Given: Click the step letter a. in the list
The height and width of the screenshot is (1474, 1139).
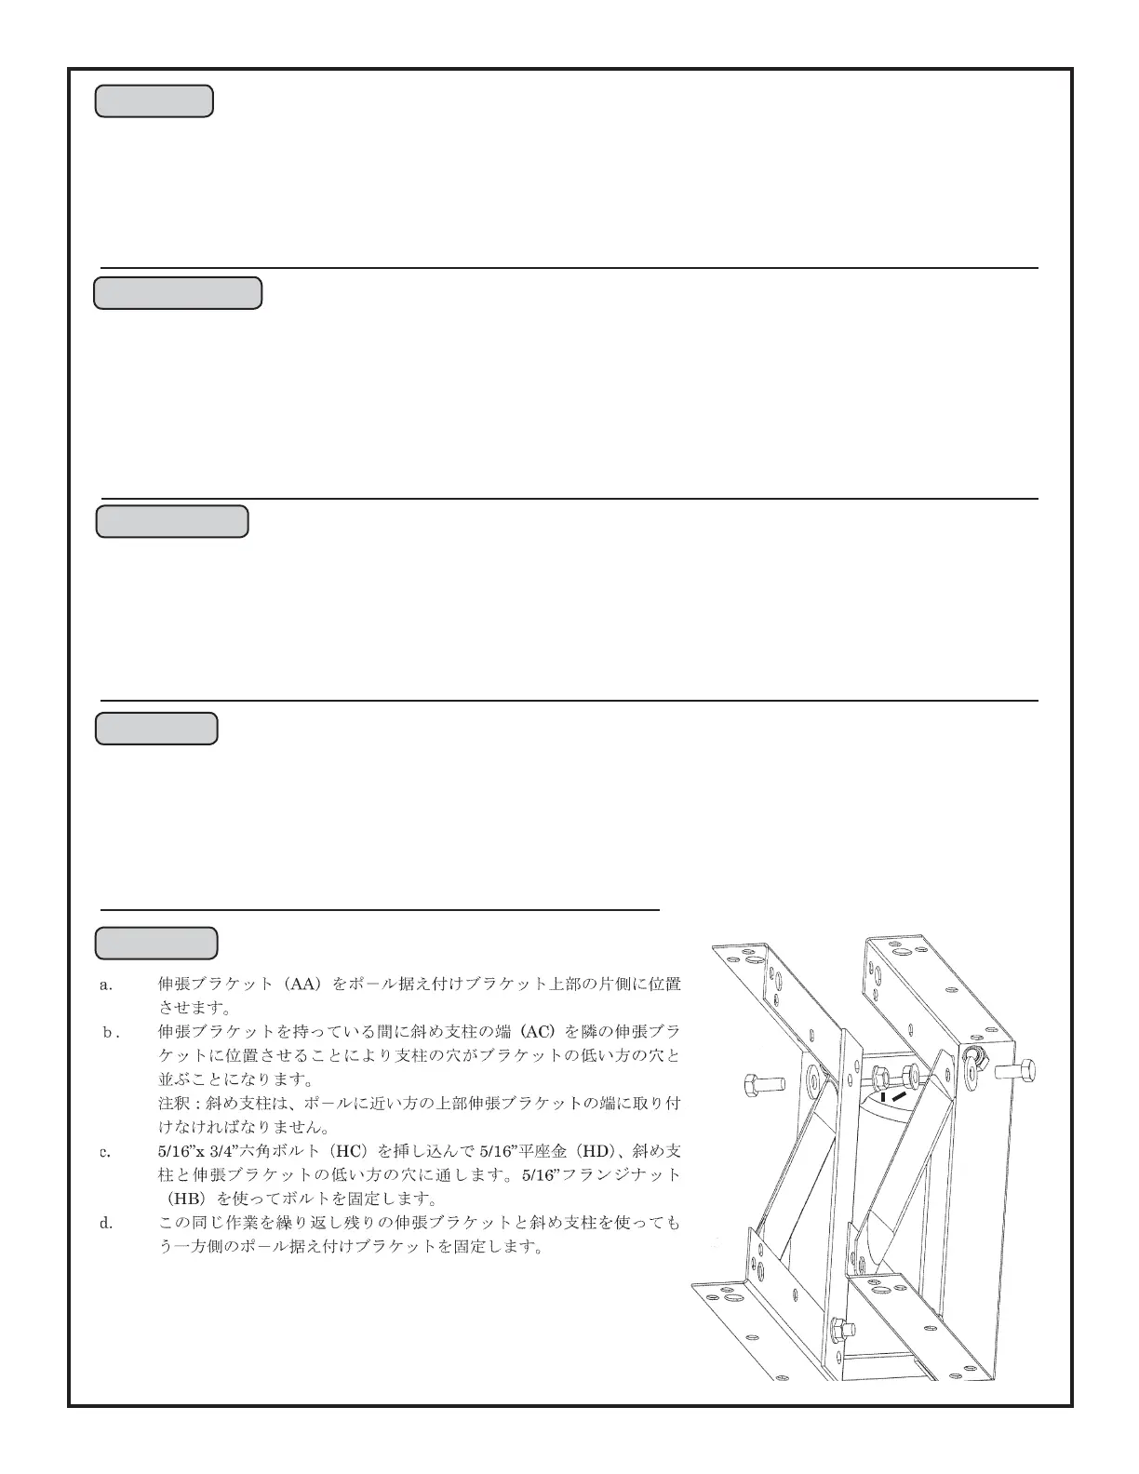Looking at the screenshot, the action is point(106,985).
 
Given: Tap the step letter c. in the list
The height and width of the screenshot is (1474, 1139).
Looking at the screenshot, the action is point(106,1152).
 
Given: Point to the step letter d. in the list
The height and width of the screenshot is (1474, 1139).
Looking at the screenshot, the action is point(106,1223).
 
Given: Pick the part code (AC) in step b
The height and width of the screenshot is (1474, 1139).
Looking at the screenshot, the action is point(537,1032).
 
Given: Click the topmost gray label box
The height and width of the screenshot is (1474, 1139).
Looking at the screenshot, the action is point(154,101).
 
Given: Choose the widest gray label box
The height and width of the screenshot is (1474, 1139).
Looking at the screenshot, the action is point(178,292).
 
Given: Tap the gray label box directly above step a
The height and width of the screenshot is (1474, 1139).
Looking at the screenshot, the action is point(156,943).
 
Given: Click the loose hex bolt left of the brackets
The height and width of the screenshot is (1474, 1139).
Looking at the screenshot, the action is point(765,1084).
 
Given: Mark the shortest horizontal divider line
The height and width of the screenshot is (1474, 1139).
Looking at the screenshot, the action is point(380,909).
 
